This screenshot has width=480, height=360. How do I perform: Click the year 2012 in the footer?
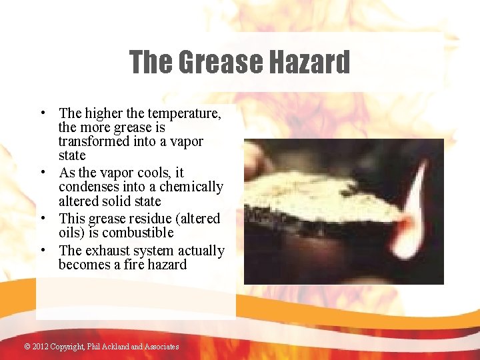[41, 347]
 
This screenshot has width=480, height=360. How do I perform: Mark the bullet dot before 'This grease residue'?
[42, 219]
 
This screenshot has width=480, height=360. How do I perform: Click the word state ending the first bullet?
[72, 156]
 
